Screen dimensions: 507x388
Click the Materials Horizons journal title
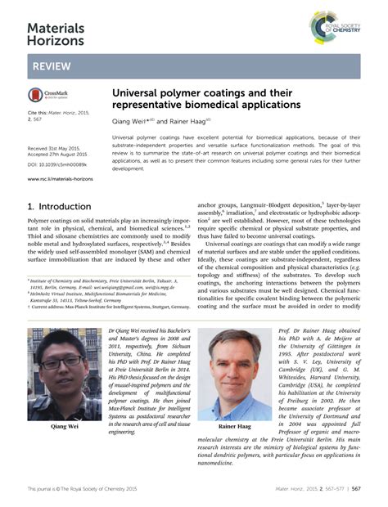[x=56, y=33]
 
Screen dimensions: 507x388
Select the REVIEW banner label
[x=51, y=65]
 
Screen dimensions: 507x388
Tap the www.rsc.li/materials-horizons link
[x=60, y=178]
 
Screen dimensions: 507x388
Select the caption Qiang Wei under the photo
[x=66, y=426]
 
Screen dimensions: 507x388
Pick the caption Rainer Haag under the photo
[x=235, y=427]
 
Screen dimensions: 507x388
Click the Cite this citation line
[x=56, y=113]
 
